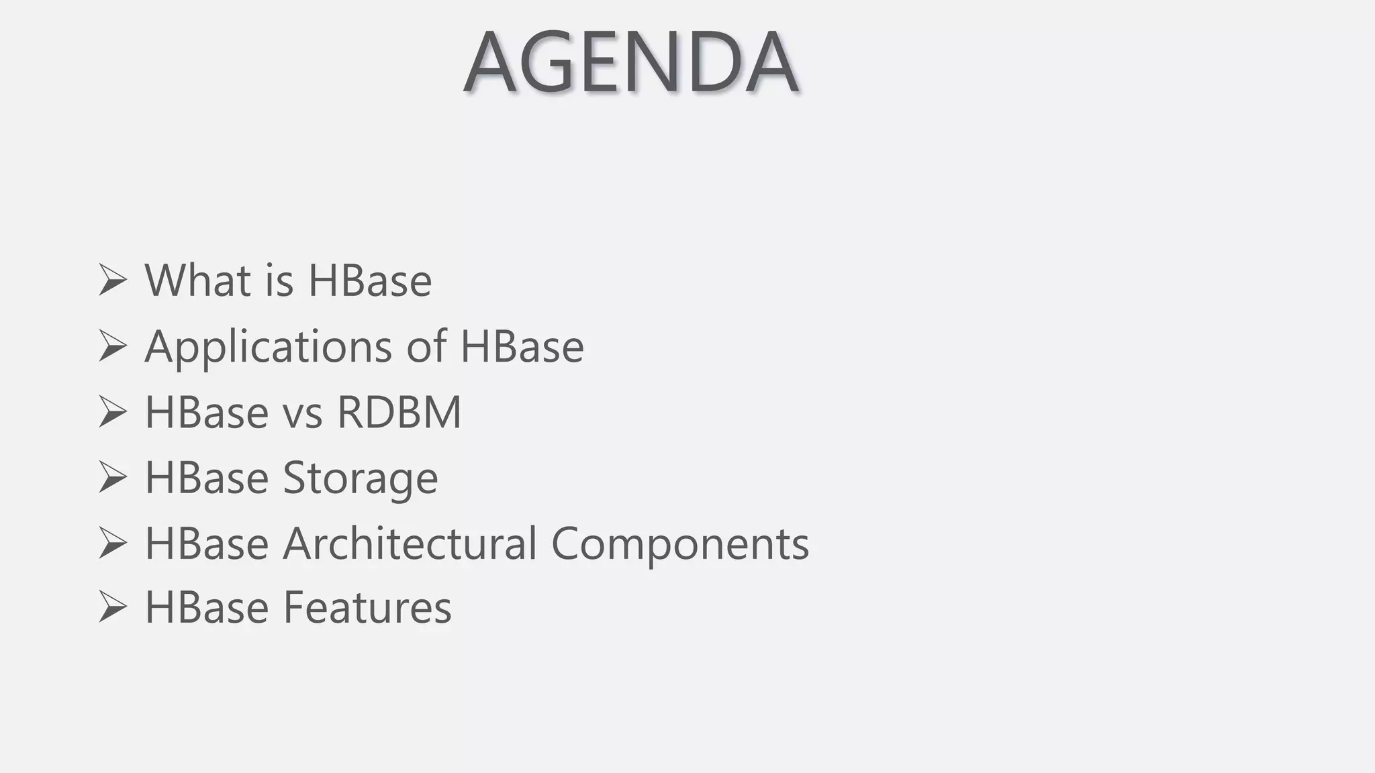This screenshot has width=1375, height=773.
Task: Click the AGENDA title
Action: coord(630,62)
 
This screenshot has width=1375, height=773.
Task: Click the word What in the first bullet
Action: coord(197,280)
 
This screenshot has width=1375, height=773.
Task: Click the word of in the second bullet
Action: coord(426,347)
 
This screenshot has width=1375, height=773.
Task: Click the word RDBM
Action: coord(399,411)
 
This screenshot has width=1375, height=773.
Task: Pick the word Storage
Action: coord(360,478)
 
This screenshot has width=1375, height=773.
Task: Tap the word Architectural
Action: coord(410,543)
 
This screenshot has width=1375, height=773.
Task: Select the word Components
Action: coord(680,544)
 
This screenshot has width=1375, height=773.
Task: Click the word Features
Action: coord(367,607)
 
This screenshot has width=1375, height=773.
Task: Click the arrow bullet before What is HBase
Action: coord(112,280)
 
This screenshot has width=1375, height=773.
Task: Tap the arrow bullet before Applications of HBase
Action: coord(112,346)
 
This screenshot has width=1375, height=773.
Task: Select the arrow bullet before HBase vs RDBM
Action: coord(112,411)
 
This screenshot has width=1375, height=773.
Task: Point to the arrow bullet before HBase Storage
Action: coord(112,477)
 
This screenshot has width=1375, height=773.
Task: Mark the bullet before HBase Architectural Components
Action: coord(112,543)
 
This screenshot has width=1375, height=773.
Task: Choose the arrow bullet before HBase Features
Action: coord(112,607)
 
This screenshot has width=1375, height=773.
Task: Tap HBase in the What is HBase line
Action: coord(370,280)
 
